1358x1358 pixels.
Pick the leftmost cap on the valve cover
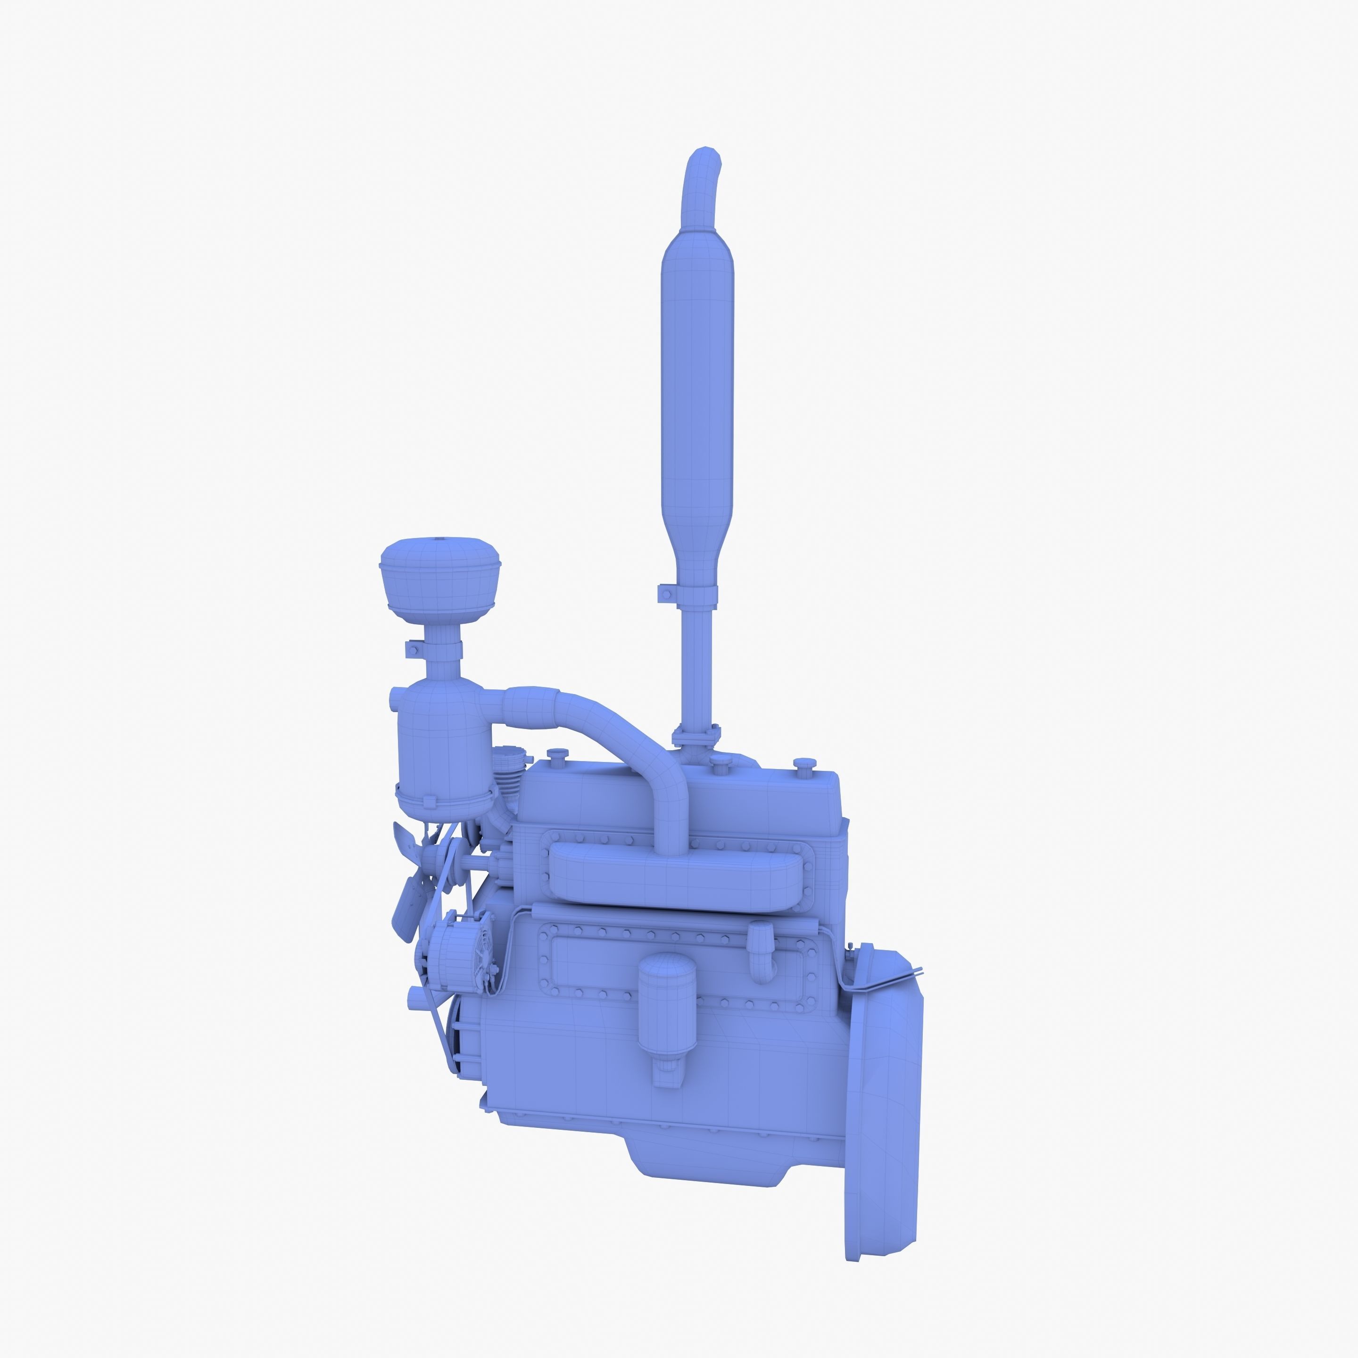(557, 755)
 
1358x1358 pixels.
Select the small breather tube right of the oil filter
(761, 949)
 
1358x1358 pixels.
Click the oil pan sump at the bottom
(710, 1153)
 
